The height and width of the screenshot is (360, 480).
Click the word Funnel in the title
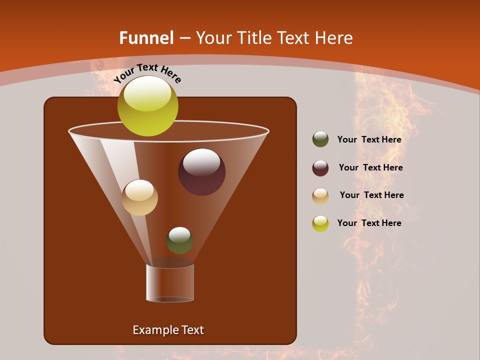coord(146,38)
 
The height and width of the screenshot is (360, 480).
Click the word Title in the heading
coord(254,38)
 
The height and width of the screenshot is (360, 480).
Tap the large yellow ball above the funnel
coord(147,106)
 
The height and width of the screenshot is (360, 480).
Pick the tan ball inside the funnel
coord(139,197)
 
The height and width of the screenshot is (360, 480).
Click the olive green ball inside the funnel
coord(179,240)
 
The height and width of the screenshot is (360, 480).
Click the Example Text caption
coord(168,330)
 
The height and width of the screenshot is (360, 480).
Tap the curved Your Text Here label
coord(147,72)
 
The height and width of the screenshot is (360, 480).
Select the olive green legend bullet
coord(320,139)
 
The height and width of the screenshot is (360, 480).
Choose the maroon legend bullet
coord(320,168)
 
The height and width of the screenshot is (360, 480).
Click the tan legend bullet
coord(320,195)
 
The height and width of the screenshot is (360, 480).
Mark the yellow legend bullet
coord(320,223)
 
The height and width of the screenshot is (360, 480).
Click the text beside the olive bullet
coord(369,139)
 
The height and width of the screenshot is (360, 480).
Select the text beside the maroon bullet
coord(370,167)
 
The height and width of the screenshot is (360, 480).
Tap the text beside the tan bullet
coord(371,195)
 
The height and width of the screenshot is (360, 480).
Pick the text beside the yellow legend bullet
coord(369,223)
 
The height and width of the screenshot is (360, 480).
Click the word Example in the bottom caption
coord(150,330)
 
